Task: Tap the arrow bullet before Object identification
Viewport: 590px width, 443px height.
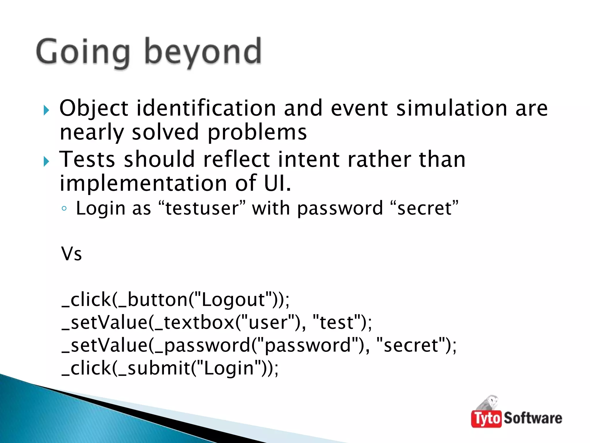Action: pyautogui.click(x=46, y=110)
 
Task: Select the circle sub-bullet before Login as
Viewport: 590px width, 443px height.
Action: pyautogui.click(x=64, y=209)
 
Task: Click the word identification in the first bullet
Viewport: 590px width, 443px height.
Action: pyautogui.click(x=206, y=108)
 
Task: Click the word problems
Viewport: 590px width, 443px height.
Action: pyautogui.click(x=257, y=132)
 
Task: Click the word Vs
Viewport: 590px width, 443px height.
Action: pyautogui.click(x=71, y=254)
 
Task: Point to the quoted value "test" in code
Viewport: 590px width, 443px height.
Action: pyautogui.click(x=336, y=322)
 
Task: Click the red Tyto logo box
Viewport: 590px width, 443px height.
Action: pyautogui.click(x=486, y=418)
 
